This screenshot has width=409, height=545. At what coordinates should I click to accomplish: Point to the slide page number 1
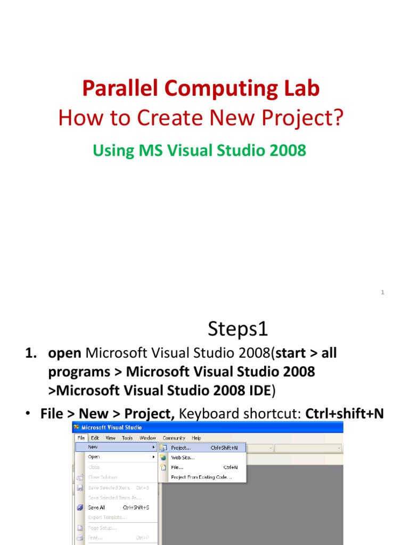(382, 292)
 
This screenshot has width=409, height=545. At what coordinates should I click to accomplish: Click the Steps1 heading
(238, 329)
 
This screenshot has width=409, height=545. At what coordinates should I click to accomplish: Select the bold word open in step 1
(64, 353)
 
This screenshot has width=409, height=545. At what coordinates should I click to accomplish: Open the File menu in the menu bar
(81, 438)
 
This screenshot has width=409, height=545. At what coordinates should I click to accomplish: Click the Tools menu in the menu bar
(127, 438)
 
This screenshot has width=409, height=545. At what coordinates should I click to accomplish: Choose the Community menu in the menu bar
(174, 438)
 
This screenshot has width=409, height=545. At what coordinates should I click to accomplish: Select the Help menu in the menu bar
(197, 438)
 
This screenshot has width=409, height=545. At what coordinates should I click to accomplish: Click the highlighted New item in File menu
(93, 448)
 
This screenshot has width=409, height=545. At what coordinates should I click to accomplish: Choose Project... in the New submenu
(181, 448)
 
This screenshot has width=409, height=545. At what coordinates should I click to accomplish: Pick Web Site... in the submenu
(183, 458)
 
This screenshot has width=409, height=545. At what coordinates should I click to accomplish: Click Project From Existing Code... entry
(201, 477)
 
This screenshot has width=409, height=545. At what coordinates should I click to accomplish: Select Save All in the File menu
(96, 508)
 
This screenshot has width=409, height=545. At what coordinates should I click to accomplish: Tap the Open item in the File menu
(94, 457)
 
